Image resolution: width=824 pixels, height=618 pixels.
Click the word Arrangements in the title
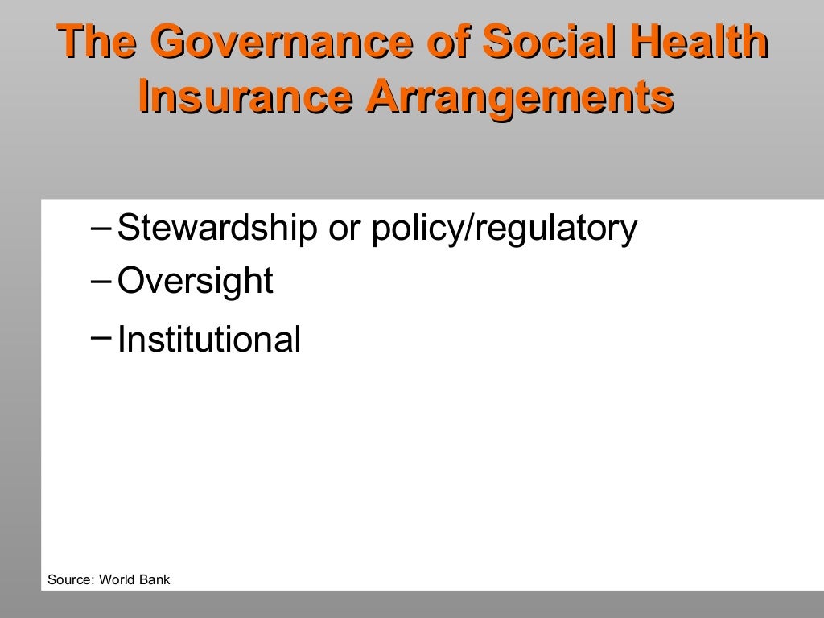pos(519,97)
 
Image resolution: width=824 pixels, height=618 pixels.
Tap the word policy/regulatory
pos(504,229)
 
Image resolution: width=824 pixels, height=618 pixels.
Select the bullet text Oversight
pos(196,281)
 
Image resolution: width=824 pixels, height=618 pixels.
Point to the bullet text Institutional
pos(209,340)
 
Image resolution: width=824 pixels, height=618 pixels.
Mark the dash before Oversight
pos(102,280)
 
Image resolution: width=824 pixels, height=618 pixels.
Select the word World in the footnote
pos(117,579)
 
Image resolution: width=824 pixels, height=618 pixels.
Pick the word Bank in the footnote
pos(155,579)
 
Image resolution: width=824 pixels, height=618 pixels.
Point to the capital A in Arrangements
pos(379,97)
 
